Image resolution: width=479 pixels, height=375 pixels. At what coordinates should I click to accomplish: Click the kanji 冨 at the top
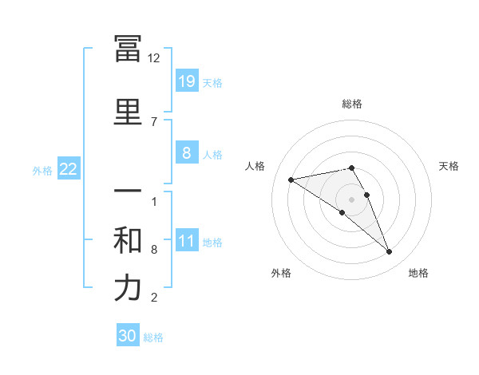click(128, 49)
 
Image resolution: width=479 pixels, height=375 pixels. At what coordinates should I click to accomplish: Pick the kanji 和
click(128, 241)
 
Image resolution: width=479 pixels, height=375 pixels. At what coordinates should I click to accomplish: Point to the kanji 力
click(128, 289)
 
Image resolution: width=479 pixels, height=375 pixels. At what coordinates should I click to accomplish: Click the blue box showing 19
click(186, 81)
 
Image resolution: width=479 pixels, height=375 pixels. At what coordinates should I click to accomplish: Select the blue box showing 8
click(186, 153)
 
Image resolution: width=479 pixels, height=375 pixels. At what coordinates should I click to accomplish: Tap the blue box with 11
click(186, 241)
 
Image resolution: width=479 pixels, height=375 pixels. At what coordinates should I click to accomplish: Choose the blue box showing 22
click(69, 169)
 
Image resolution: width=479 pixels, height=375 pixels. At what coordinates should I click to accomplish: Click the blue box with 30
click(128, 336)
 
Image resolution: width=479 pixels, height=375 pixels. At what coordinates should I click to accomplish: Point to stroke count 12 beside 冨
click(154, 58)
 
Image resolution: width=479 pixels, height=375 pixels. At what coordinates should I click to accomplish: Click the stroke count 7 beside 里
click(153, 121)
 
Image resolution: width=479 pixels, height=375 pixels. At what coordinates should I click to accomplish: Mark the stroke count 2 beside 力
click(153, 298)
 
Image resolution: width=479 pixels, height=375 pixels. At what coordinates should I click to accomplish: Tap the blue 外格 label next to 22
click(42, 170)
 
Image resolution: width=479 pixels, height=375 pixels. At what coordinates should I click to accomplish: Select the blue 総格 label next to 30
click(153, 337)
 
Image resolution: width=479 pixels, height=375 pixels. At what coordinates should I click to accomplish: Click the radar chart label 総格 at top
click(352, 104)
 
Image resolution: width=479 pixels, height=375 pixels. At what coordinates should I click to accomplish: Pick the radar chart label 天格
click(449, 166)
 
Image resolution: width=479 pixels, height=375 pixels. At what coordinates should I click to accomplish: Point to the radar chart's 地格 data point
click(390, 252)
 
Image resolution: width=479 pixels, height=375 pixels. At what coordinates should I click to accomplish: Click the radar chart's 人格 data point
click(291, 180)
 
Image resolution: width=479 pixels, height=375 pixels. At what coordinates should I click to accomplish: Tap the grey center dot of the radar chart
click(352, 199)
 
